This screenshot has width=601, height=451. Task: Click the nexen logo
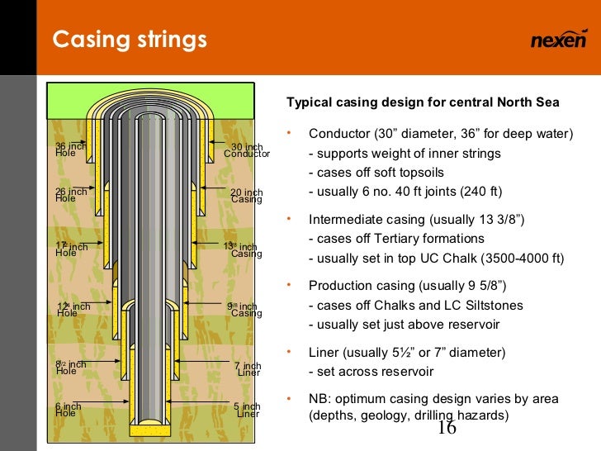pos(557,40)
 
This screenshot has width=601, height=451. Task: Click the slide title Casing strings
pos(130,40)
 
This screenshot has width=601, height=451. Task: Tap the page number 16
pos(447,428)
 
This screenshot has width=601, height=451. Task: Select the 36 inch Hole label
pos(70,150)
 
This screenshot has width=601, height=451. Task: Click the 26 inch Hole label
pos(70,195)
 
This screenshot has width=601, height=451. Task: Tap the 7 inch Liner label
pos(248,369)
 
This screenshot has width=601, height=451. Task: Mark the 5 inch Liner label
pos(248,410)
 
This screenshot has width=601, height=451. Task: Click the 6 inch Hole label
pos(68,410)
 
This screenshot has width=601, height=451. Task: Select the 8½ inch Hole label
pos(70,368)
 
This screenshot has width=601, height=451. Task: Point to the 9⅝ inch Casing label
pos(244,310)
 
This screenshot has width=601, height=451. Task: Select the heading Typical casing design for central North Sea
pos(422,103)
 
